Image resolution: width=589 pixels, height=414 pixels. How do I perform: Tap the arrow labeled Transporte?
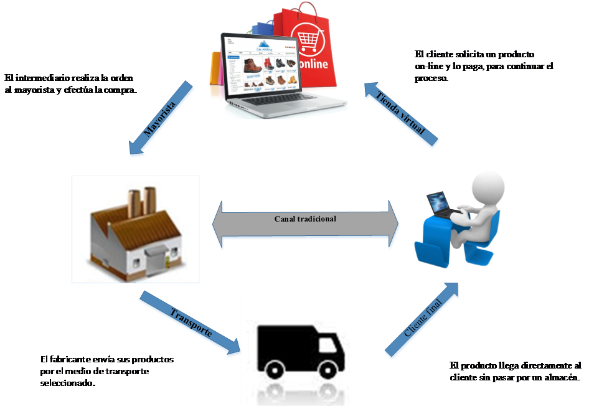pyautogui.click(x=190, y=324)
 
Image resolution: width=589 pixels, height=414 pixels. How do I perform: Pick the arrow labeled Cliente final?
pyautogui.click(x=422, y=321)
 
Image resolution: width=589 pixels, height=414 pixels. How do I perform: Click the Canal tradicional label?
pyautogui.click(x=305, y=219)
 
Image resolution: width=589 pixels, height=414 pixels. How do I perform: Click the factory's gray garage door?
pyautogui.click(x=156, y=256)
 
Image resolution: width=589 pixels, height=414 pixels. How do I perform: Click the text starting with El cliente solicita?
pyautogui.click(x=483, y=66)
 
